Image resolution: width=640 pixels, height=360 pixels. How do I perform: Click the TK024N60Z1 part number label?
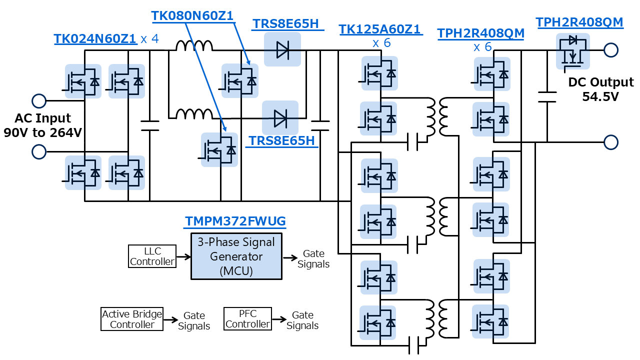(x=95, y=39)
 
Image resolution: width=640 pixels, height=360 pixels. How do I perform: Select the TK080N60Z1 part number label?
(x=192, y=16)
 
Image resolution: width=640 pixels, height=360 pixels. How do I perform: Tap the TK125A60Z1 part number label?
(x=380, y=29)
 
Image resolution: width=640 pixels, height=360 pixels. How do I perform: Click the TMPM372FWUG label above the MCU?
(x=235, y=221)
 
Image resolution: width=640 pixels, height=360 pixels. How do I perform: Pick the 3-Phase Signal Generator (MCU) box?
(x=236, y=256)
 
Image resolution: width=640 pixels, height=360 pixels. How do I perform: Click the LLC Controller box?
(x=152, y=256)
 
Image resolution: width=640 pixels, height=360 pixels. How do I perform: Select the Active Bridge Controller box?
(x=132, y=319)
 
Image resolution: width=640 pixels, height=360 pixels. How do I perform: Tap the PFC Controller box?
(x=247, y=318)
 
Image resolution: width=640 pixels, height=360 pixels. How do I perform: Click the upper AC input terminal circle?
(x=38, y=101)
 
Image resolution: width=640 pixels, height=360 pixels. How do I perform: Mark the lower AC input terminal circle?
(x=38, y=151)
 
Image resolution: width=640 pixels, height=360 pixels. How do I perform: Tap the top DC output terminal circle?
(x=610, y=50)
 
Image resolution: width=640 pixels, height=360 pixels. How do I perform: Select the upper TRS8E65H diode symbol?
(x=282, y=49)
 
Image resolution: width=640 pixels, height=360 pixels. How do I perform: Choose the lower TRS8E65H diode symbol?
(x=280, y=118)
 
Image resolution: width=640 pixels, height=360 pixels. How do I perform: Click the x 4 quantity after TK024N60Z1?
(x=149, y=39)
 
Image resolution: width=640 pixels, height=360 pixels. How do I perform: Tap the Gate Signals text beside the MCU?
(x=313, y=259)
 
